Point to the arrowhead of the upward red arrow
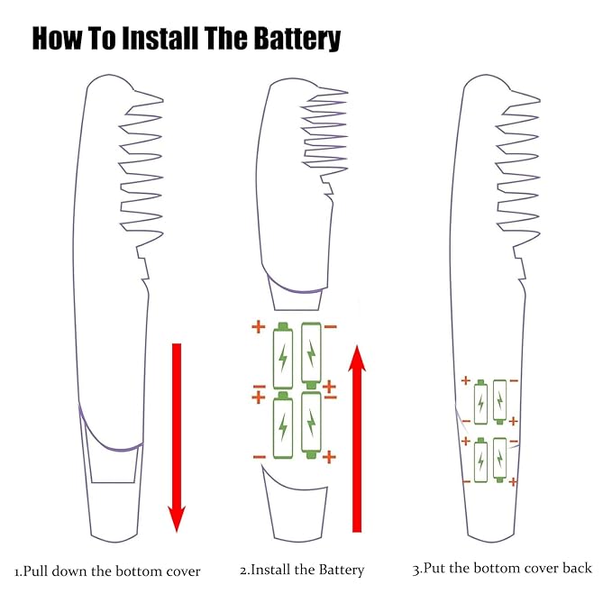(x=358, y=359)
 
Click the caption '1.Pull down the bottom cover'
(x=107, y=571)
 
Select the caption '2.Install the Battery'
(x=302, y=570)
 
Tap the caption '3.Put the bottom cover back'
(x=502, y=568)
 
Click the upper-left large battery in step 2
(x=284, y=356)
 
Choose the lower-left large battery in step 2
(x=284, y=425)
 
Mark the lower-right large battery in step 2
(x=312, y=425)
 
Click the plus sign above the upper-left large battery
(x=259, y=326)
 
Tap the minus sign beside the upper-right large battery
(x=331, y=325)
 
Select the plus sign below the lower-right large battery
(x=329, y=457)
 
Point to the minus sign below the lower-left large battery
(x=260, y=457)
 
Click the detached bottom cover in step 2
(x=293, y=505)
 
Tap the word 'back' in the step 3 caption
(x=577, y=568)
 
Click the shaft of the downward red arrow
(x=177, y=424)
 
